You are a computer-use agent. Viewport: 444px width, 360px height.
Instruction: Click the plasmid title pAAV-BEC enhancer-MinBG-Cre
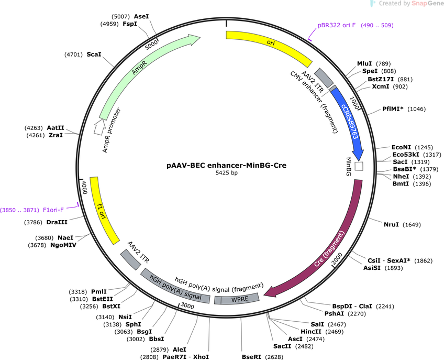pos(226,165)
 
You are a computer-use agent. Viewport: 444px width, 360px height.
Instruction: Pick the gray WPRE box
pos(237,299)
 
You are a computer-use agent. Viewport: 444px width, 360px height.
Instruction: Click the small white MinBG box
pos(359,166)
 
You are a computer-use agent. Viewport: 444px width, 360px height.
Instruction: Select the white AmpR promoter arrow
pos(98,126)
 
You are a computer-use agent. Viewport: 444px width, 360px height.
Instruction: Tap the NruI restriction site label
pos(391,224)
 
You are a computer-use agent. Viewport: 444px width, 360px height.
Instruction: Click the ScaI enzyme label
pos(94,54)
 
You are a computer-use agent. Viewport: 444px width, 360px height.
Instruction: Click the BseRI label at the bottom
pos(251,357)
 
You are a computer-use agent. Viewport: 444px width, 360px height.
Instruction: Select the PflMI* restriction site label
pos(393,109)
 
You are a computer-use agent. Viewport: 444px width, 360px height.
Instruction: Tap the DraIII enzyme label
pos(57,222)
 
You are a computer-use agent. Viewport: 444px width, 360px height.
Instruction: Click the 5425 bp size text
pos(227,172)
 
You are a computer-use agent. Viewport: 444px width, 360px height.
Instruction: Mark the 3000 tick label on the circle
pos(187,306)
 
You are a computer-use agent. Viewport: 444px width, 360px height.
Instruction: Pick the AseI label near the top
pos(141,16)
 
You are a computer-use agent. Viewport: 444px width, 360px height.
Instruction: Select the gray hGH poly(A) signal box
pos(175,287)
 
